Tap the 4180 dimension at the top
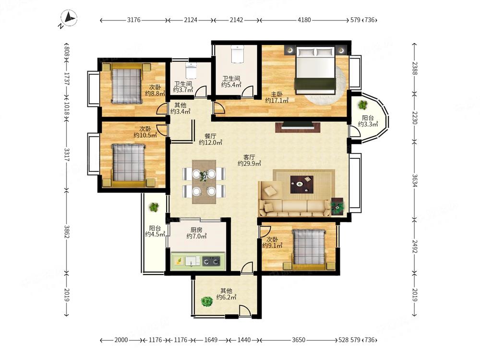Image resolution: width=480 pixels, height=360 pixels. tap(304, 20)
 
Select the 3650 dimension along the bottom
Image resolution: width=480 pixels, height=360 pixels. tap(298, 340)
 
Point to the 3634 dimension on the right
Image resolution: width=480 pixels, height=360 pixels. tap(415, 180)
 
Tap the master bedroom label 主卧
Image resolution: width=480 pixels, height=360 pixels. tap(277, 95)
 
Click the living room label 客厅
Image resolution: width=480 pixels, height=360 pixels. tap(249, 157)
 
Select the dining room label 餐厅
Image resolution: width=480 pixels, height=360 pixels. tap(210, 136)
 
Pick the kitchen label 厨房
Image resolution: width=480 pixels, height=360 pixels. tap(196, 229)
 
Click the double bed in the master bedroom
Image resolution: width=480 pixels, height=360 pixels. tap(315, 70)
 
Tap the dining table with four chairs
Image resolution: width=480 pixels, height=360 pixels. tap(204, 182)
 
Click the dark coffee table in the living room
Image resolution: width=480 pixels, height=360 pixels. tap(301, 184)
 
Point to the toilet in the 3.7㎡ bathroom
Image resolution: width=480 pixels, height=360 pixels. tap(191, 71)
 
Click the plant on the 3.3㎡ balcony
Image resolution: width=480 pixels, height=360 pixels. tap(363, 105)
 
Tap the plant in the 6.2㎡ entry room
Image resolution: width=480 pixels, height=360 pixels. tap(207, 302)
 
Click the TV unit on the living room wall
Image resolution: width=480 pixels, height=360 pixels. tap(298, 127)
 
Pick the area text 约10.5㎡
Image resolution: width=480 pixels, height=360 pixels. tap(145, 135)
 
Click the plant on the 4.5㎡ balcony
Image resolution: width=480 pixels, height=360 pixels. tap(154, 207)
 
